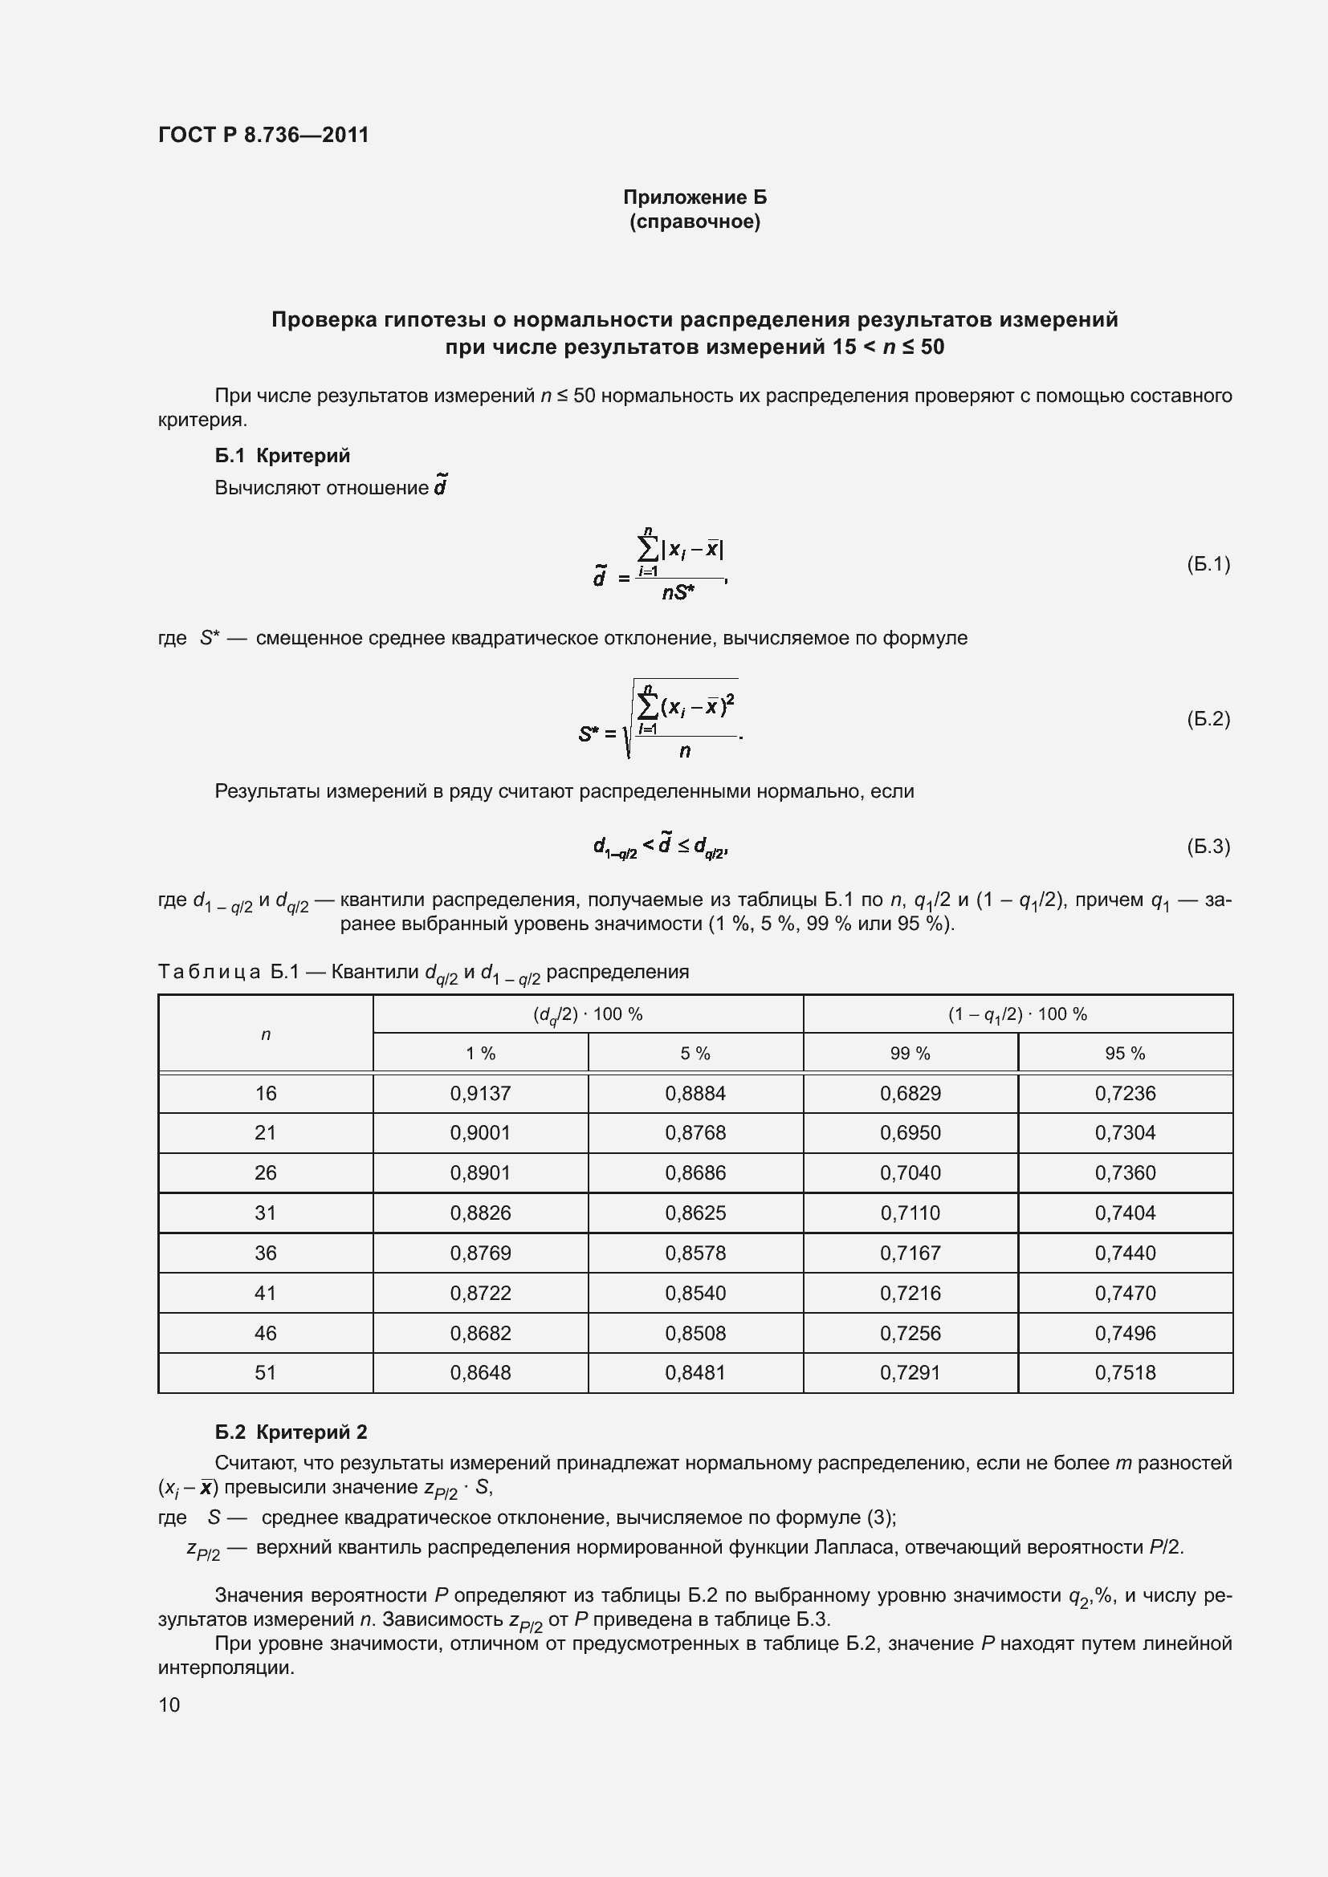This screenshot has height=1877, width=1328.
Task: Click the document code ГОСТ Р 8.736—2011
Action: [263, 135]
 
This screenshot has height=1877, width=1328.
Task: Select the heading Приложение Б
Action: [695, 197]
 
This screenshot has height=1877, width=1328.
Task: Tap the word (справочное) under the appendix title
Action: [695, 221]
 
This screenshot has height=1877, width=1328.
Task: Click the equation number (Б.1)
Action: [1208, 564]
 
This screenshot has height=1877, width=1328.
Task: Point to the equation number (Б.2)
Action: [1208, 718]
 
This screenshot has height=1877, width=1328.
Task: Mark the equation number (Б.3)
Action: [1208, 846]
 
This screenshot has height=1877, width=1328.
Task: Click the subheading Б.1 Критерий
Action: [282, 455]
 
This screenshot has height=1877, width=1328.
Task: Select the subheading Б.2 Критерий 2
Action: [291, 1432]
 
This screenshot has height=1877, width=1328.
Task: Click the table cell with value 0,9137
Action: [480, 1093]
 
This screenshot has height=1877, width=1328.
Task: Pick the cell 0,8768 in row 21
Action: [695, 1132]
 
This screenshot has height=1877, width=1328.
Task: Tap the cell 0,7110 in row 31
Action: [910, 1213]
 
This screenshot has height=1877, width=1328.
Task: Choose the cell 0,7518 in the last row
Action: [1125, 1372]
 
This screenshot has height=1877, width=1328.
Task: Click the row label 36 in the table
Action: [266, 1253]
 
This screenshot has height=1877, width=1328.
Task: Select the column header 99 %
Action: [910, 1053]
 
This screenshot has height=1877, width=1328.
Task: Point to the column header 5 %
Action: [695, 1053]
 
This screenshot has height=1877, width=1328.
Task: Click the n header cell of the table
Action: [266, 1034]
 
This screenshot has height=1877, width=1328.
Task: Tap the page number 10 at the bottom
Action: [169, 1704]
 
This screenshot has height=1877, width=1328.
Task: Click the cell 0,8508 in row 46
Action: [695, 1333]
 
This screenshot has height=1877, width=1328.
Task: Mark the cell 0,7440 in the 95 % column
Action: [1125, 1253]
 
